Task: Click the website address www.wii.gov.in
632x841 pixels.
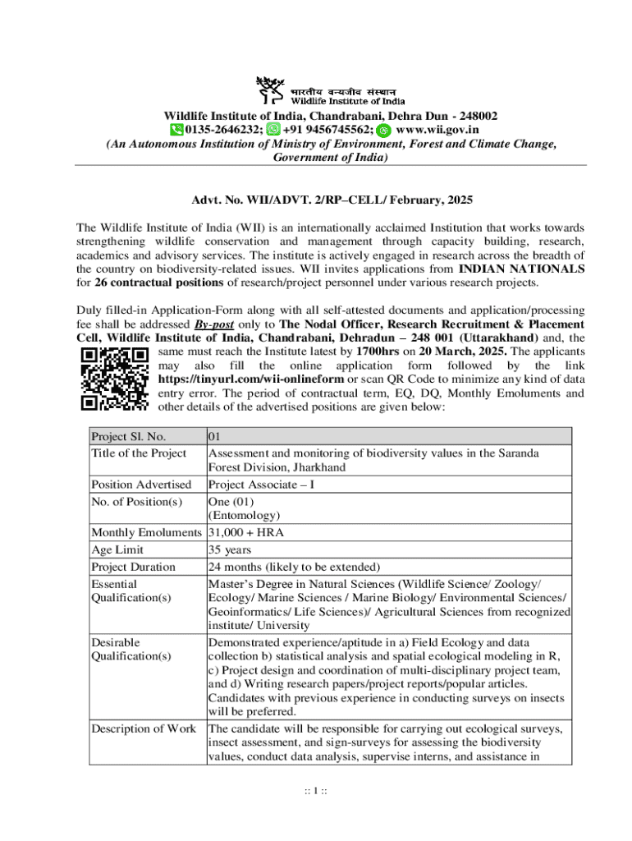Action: click(437, 130)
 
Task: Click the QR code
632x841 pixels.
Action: click(114, 378)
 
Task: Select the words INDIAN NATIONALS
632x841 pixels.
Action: click(521, 269)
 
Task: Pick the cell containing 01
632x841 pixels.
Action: click(216, 437)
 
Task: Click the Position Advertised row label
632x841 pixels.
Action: click(141, 485)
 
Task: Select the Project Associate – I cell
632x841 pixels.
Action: click(261, 485)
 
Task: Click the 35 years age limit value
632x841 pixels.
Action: click(230, 550)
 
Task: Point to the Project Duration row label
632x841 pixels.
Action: click(133, 567)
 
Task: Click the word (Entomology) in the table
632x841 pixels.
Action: click(245, 516)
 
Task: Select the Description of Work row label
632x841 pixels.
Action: click(144, 728)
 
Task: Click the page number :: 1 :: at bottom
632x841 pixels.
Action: click(316, 791)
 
